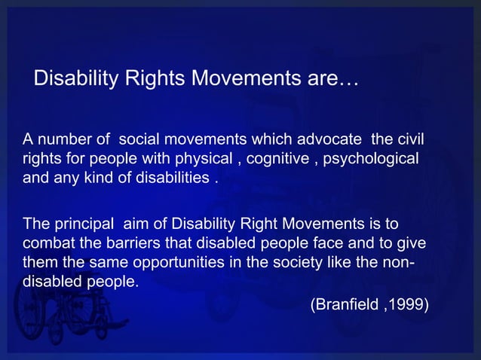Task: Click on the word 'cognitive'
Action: (277, 160)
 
